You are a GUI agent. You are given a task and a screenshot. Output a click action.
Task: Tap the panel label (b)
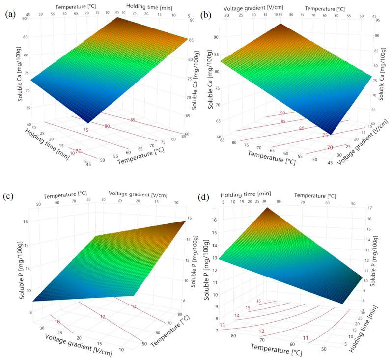point(206,14)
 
